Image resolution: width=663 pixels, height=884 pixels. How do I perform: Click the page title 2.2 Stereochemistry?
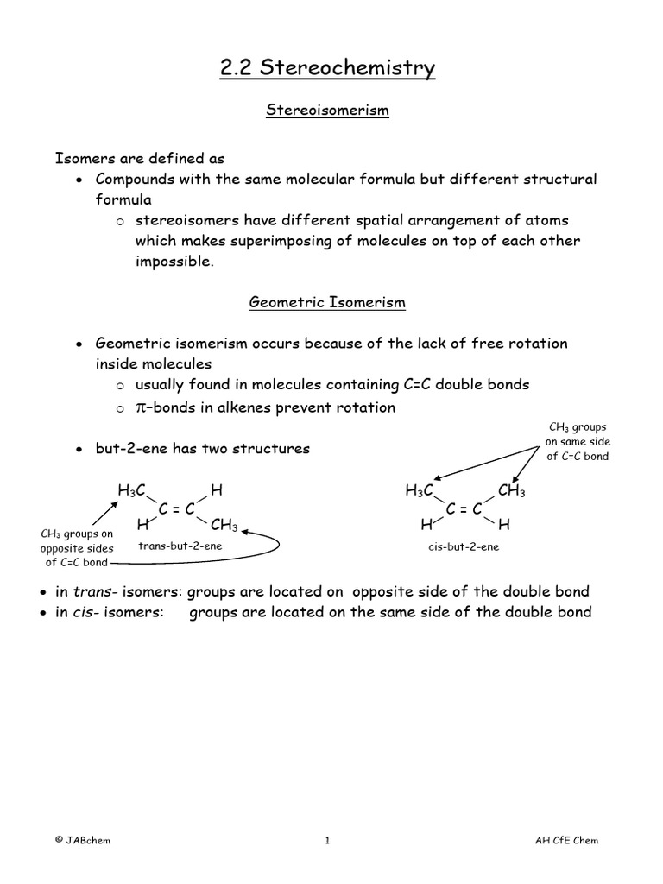click(327, 68)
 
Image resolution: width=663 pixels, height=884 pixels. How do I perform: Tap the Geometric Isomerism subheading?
click(327, 302)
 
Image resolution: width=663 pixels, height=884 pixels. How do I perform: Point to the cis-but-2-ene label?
click(463, 546)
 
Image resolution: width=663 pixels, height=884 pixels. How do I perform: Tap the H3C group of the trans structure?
click(131, 490)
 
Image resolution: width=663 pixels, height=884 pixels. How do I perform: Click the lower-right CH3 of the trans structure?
click(224, 525)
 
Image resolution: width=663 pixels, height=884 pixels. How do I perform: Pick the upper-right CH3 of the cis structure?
click(512, 490)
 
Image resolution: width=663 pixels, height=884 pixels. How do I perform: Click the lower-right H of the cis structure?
click(504, 525)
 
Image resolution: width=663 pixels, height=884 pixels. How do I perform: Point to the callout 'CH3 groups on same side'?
click(578, 441)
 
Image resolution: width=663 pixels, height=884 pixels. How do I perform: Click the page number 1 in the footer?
click(327, 841)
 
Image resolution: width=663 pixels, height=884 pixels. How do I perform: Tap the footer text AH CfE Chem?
click(566, 841)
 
